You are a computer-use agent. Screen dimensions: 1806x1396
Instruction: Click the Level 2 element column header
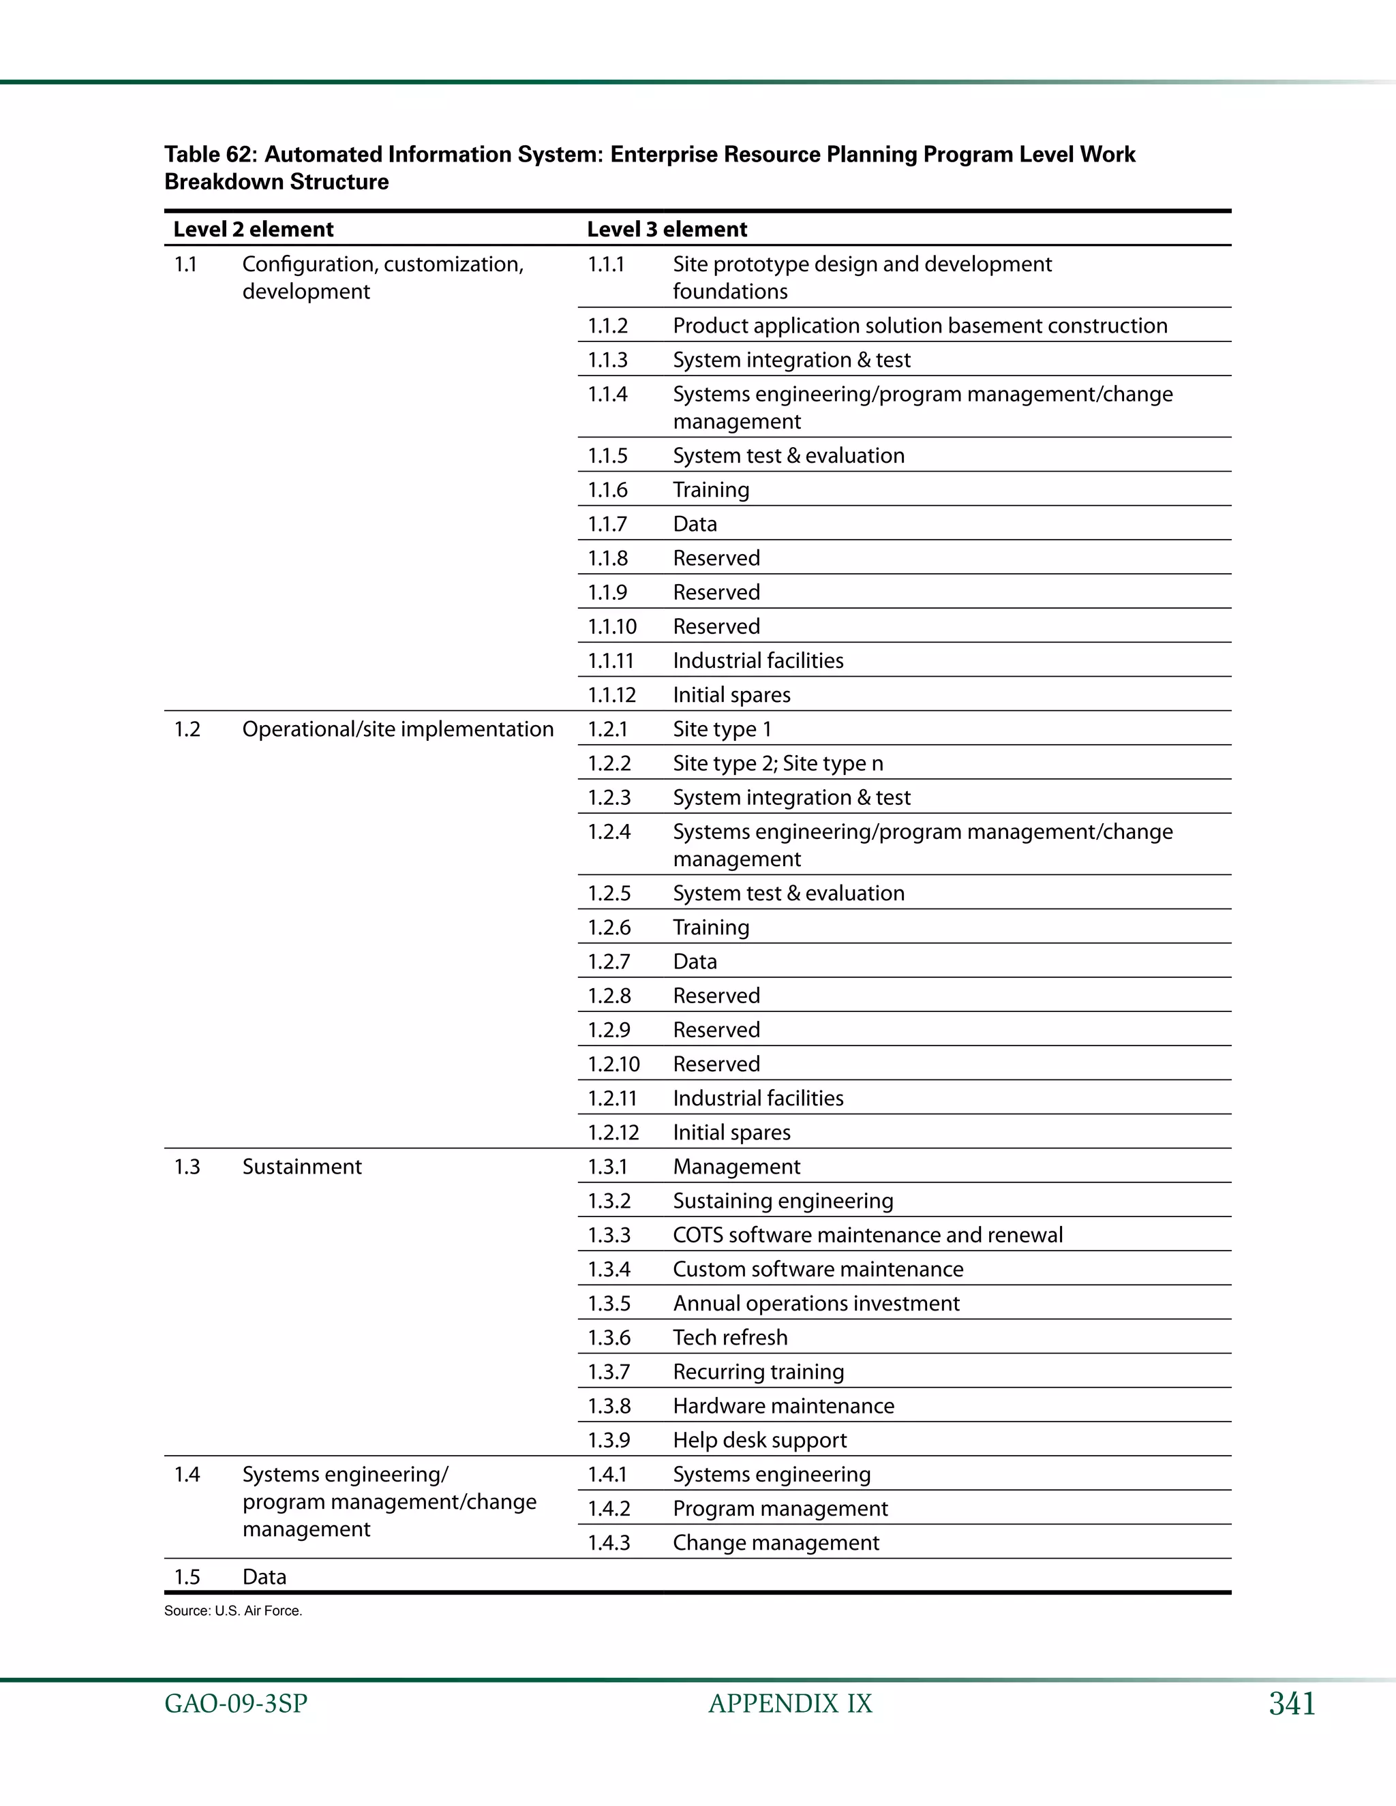(x=253, y=229)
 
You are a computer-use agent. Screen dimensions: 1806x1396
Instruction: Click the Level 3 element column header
(x=667, y=229)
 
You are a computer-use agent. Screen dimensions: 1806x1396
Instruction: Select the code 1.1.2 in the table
(x=608, y=326)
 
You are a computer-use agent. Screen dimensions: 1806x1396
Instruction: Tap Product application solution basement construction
(x=920, y=326)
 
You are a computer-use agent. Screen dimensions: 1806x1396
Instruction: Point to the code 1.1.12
(x=611, y=694)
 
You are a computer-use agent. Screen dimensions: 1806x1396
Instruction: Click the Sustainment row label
(x=302, y=1166)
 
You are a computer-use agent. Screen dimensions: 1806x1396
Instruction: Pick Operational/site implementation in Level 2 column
(x=398, y=729)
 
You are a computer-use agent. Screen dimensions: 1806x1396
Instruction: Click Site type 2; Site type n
(x=777, y=763)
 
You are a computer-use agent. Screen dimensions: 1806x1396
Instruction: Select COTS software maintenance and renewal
(x=868, y=1235)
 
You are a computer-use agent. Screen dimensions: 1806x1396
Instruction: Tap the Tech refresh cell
(x=730, y=1337)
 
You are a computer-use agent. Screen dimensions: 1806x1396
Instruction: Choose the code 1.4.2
(x=609, y=1508)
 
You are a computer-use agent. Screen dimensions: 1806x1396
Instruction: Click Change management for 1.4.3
(x=776, y=1542)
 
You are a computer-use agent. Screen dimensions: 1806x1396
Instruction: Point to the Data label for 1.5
(x=264, y=1576)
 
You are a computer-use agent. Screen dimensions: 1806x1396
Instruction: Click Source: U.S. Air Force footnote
(x=233, y=1611)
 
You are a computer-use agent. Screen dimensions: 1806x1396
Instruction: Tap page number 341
(x=1292, y=1704)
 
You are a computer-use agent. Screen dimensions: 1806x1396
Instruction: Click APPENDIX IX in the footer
(x=790, y=1704)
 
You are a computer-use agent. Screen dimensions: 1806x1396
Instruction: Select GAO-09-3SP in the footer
(x=236, y=1704)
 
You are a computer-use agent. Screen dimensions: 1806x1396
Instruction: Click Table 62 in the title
(x=210, y=155)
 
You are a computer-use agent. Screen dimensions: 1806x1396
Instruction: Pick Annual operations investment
(x=815, y=1303)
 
